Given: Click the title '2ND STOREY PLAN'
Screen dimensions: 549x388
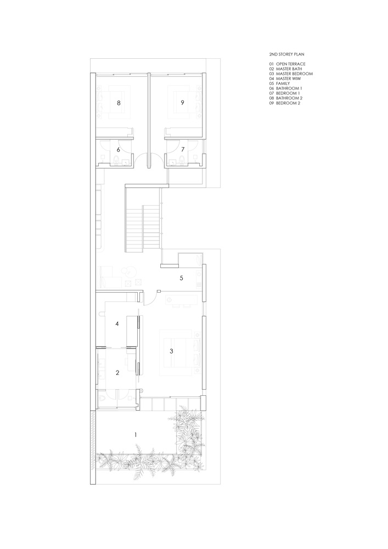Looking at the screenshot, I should click(x=286, y=55).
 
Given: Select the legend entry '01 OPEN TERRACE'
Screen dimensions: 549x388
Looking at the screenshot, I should click(x=287, y=64).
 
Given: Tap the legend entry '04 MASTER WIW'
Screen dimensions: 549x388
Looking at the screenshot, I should click(x=285, y=79).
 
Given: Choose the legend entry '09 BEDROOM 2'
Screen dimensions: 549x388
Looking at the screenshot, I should click(x=285, y=103).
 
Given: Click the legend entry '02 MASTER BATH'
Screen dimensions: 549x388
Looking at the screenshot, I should click(x=286, y=69).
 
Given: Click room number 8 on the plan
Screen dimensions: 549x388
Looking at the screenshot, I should click(x=118, y=102).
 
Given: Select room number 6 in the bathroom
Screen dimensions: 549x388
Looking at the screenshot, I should click(x=118, y=149).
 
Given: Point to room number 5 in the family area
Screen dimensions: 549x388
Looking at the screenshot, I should click(x=181, y=278).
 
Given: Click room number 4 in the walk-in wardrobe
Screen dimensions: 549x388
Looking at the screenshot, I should click(x=117, y=324).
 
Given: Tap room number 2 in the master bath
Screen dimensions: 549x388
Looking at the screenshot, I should click(x=117, y=372).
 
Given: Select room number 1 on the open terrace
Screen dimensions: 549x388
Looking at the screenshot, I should click(x=136, y=435).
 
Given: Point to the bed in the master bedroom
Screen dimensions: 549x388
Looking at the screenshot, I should click(x=184, y=352).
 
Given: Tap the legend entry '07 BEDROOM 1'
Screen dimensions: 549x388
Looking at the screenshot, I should click(x=285, y=93).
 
